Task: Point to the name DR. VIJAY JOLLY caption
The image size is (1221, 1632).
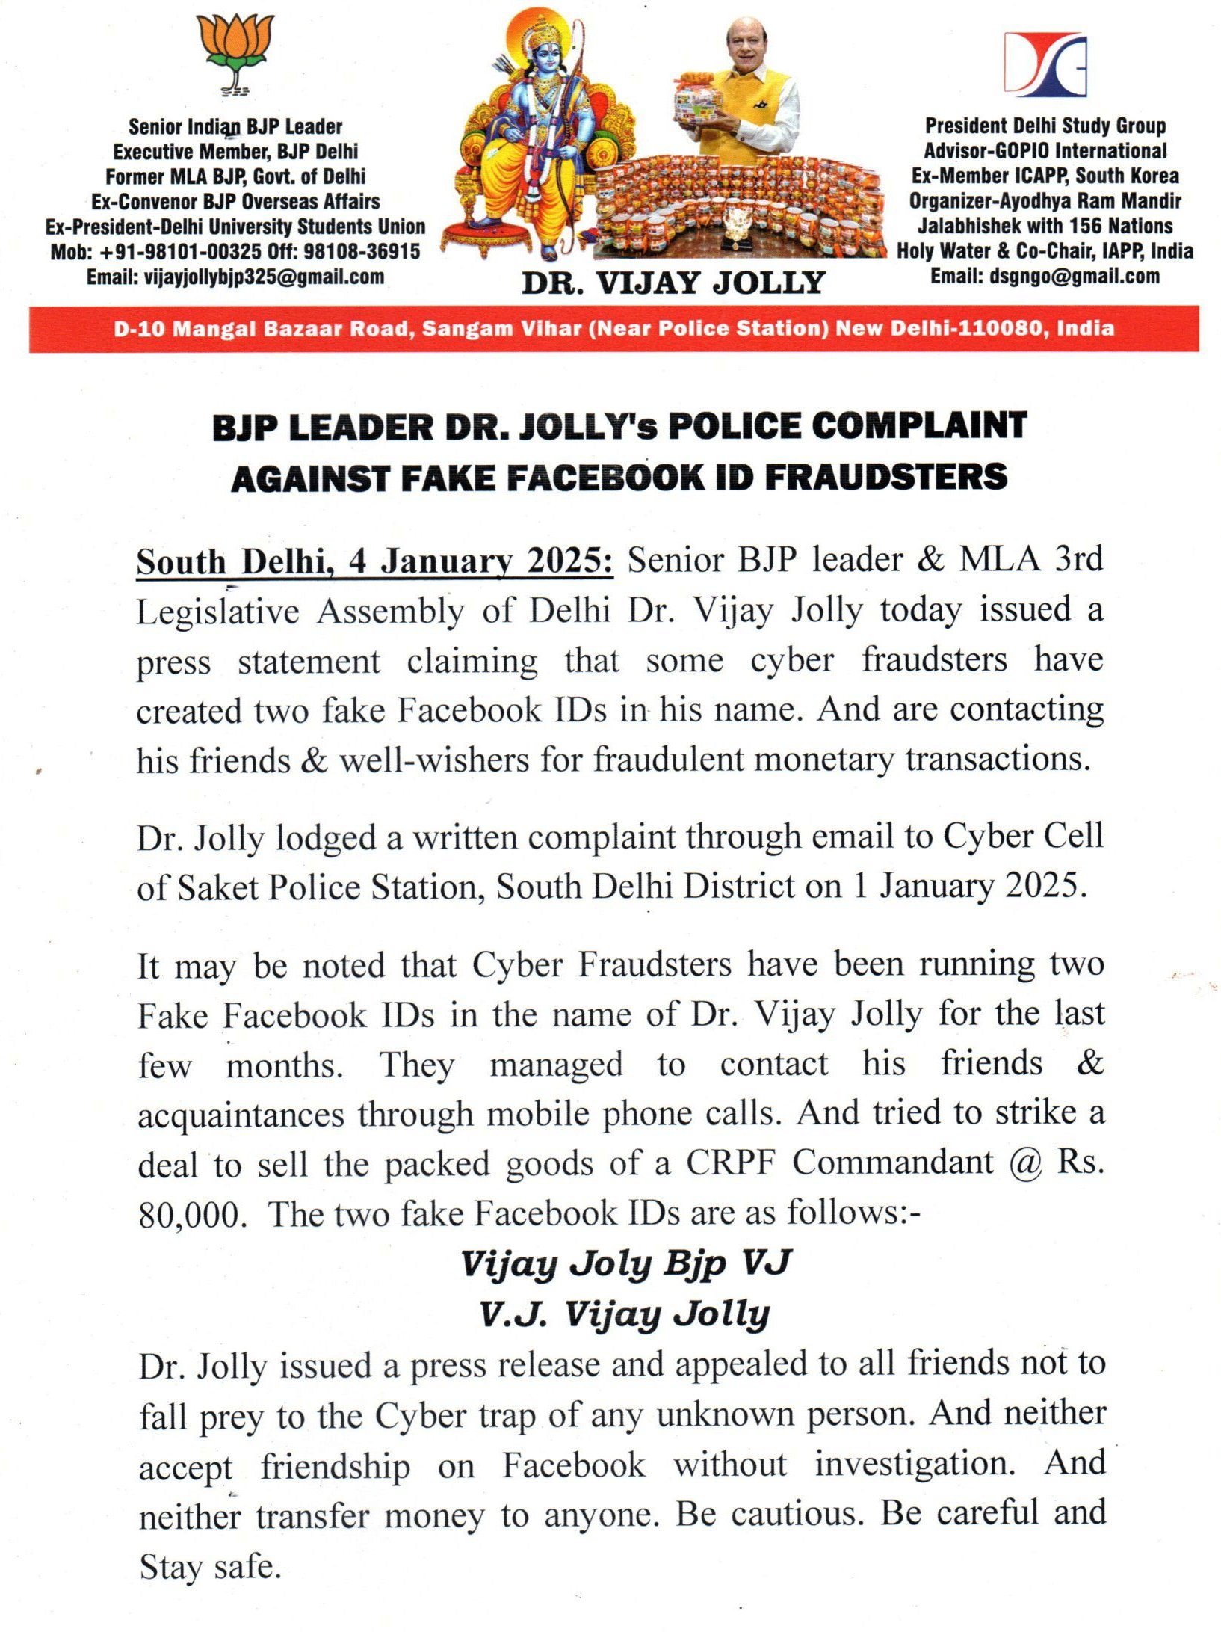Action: (x=673, y=283)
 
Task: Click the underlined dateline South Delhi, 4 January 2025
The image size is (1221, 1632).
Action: (x=374, y=561)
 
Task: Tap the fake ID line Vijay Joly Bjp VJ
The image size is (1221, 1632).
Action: (x=625, y=1263)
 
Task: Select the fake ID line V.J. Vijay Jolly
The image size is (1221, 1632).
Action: (x=625, y=1314)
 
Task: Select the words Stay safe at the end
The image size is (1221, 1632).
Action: (x=209, y=1565)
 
